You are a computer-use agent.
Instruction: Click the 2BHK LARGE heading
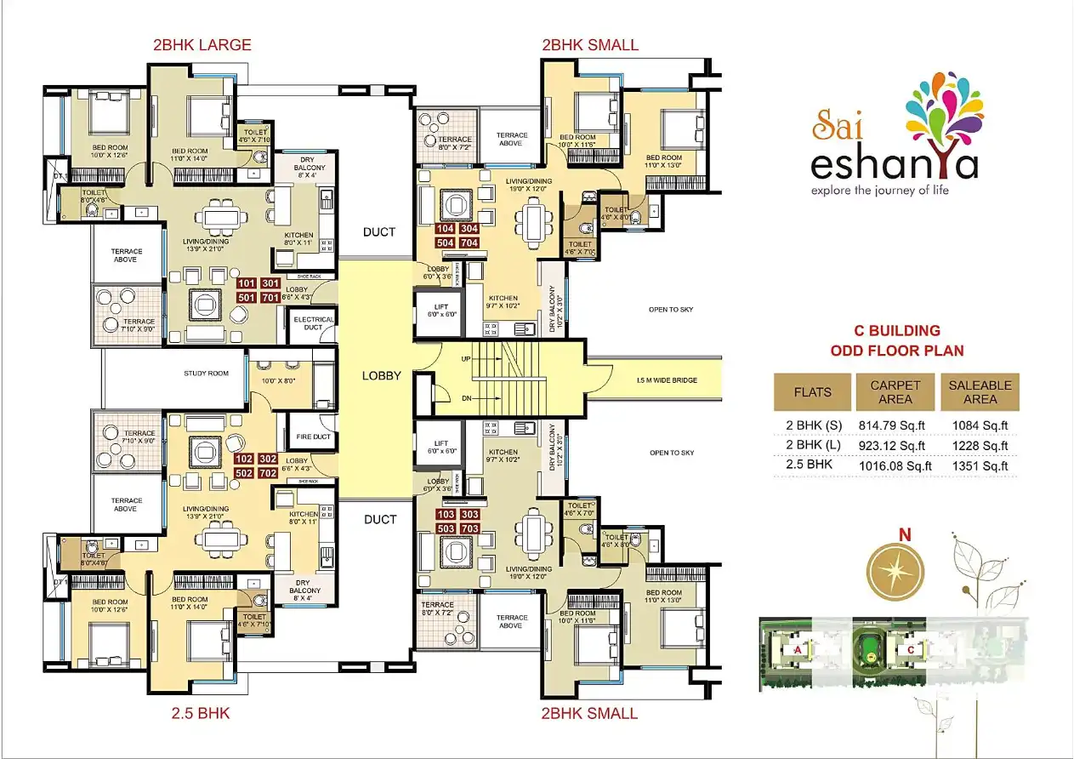[202, 45]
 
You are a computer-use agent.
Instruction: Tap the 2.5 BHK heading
[202, 713]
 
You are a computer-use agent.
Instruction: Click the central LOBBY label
[381, 375]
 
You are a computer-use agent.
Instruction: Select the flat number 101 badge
[247, 283]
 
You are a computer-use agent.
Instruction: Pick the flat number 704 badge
[469, 243]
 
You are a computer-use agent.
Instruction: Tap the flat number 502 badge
[245, 473]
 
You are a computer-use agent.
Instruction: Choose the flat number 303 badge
[469, 514]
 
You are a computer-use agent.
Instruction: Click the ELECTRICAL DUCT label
[313, 324]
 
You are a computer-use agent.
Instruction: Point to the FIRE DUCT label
[313, 437]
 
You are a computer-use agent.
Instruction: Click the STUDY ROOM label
[207, 374]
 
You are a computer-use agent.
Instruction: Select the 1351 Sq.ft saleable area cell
[980, 465]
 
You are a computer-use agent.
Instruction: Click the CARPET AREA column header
[895, 392]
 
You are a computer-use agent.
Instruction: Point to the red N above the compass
[905, 535]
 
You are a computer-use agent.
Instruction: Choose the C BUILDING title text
[896, 330]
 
